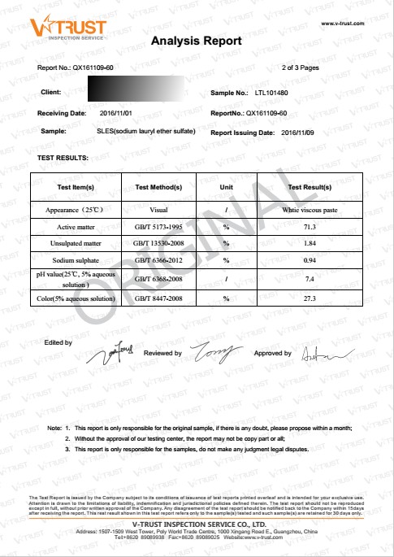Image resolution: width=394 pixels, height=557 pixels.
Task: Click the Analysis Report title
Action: [196, 41]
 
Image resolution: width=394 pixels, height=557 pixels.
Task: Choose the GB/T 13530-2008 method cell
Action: [158, 243]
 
